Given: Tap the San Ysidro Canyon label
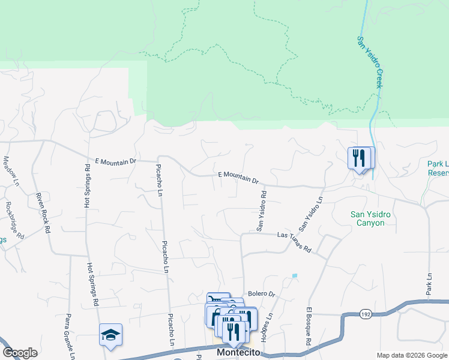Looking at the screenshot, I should [x=368, y=218].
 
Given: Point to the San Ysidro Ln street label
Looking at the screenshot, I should [x=311, y=213].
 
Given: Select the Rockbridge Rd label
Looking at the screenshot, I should [x=14, y=218].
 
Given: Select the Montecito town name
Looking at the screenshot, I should [x=238, y=353].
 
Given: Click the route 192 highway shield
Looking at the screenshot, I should [x=365, y=314].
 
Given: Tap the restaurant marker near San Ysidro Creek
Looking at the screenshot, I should [x=360, y=158].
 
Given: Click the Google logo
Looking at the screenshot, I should [x=20, y=353].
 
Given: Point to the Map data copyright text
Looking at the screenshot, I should [x=411, y=355].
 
